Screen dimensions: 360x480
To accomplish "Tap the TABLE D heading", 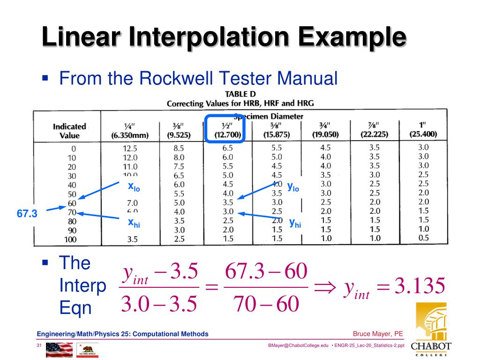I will [x=240, y=94].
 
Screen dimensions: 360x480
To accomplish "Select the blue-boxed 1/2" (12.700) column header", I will [x=225, y=129].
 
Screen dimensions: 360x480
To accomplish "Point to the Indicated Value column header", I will [x=69, y=131].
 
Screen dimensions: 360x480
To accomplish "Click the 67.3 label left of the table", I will [x=27, y=214].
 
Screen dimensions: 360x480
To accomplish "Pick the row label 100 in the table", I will [x=70, y=240].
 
